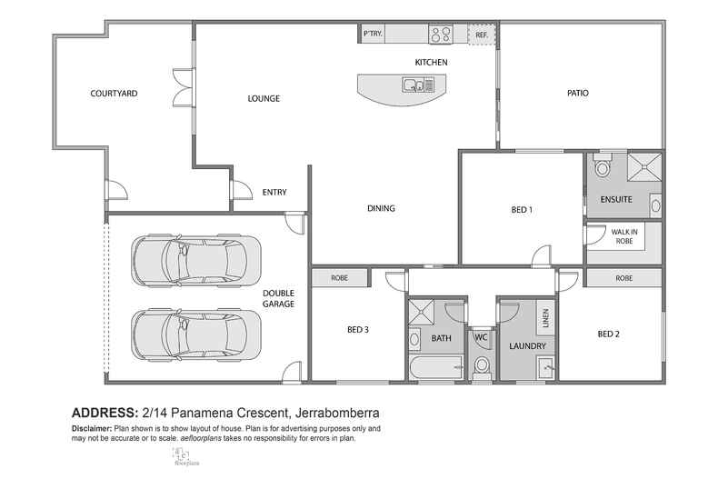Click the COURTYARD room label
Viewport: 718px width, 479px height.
point(114,93)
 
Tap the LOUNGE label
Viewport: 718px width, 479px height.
point(263,98)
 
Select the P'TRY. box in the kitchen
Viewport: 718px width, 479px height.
point(373,34)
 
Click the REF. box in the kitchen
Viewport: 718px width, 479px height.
point(481,35)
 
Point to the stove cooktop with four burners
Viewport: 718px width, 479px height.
point(442,35)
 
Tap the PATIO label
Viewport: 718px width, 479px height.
point(580,93)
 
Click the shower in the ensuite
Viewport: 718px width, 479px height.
point(646,167)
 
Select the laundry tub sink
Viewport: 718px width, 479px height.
point(543,367)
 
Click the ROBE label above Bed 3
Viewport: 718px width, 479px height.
point(340,278)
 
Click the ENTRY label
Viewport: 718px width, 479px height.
point(275,192)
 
